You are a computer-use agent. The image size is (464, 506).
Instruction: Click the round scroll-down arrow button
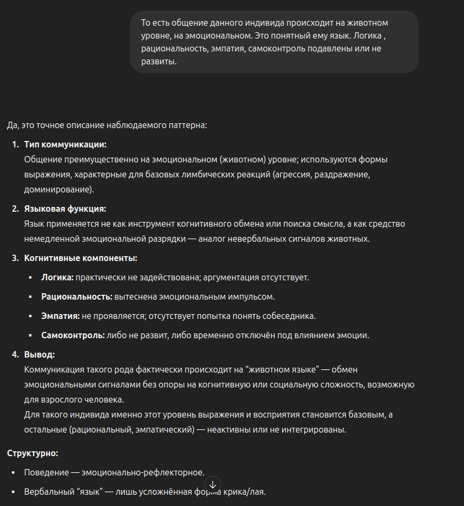tap(212, 483)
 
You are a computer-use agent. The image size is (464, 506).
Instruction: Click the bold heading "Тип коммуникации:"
tap(65, 145)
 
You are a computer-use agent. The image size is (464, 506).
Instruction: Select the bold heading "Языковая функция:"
tap(65, 209)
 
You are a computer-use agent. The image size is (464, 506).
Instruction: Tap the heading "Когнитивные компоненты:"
tap(80, 258)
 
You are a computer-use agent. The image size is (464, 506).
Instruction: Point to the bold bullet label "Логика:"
tap(57, 278)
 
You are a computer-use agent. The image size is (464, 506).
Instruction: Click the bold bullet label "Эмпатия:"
tap(61, 316)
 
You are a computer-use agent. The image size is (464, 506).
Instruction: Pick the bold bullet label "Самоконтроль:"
tap(73, 336)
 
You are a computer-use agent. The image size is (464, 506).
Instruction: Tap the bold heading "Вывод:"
tap(39, 355)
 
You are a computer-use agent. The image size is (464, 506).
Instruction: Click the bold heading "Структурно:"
tap(33, 453)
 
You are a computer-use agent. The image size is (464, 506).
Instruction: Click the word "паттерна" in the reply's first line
tap(189, 125)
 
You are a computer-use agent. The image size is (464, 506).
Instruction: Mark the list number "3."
tap(16, 258)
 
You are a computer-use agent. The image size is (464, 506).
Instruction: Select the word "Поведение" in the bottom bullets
tap(47, 473)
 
